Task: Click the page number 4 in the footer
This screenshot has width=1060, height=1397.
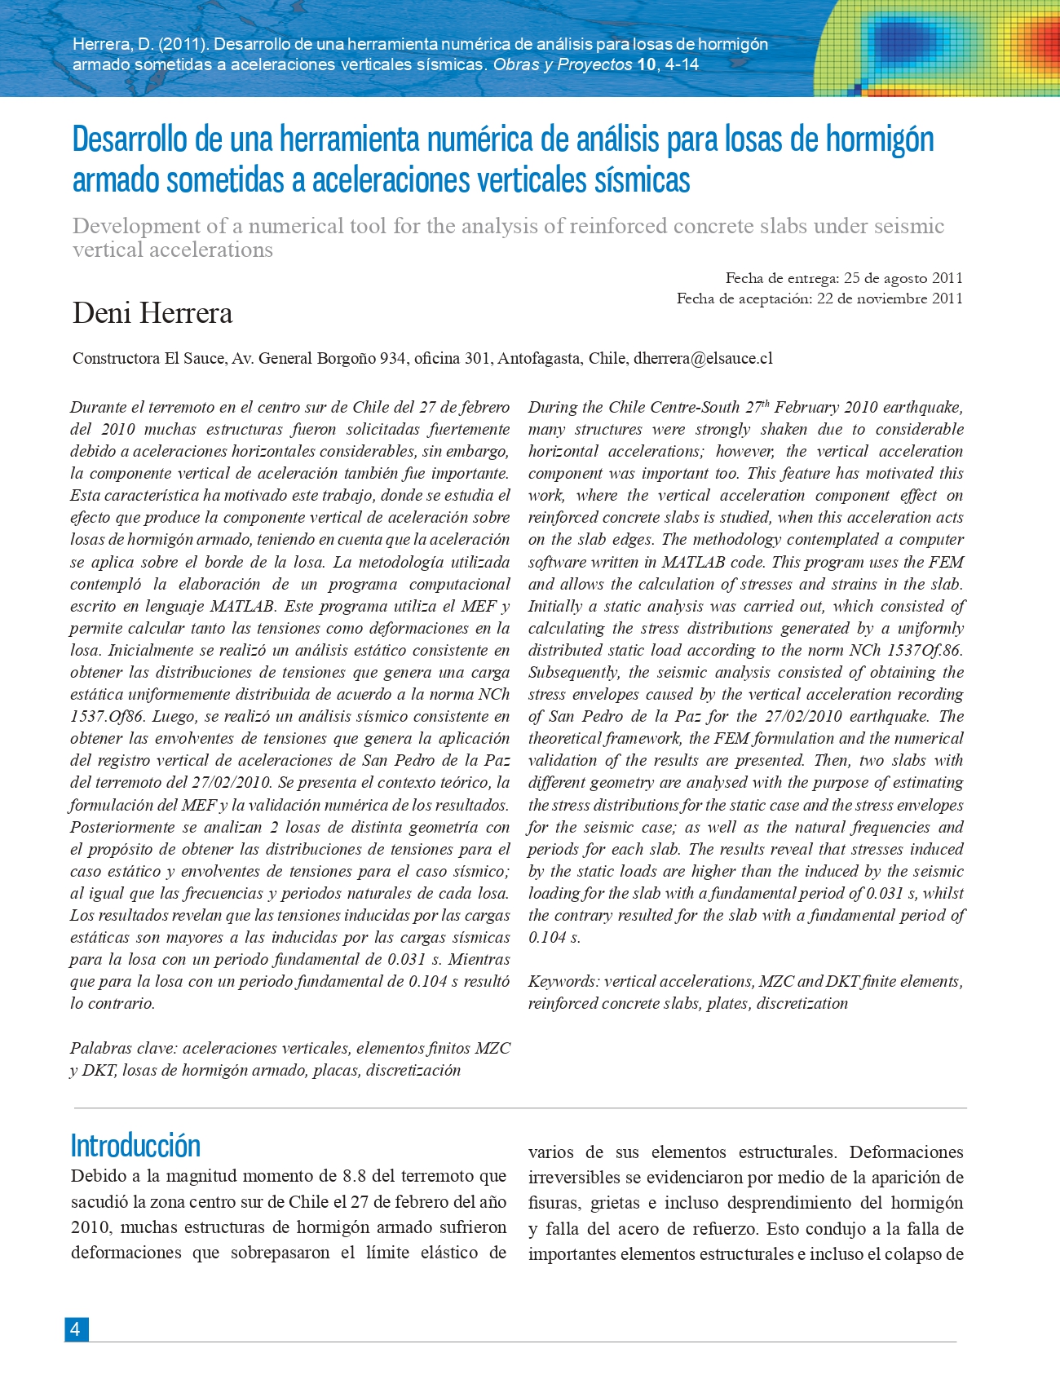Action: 76,1329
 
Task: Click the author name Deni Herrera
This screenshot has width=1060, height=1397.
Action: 152,313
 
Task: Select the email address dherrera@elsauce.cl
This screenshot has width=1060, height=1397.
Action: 703,358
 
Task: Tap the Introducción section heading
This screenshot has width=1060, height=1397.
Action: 135,1146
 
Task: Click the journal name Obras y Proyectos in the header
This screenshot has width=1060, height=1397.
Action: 563,64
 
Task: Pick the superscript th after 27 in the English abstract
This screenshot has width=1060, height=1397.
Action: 765,403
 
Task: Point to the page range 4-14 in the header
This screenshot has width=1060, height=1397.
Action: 682,64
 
